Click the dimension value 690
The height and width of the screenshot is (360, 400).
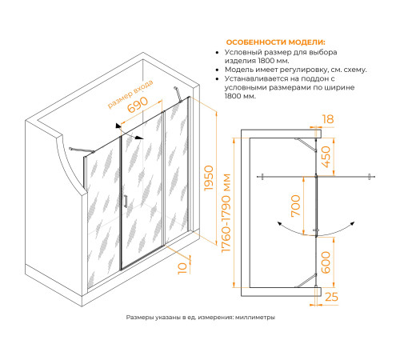[x=138, y=104]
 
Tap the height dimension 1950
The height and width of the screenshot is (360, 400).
[x=209, y=178]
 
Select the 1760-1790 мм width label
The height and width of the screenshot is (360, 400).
[x=226, y=213]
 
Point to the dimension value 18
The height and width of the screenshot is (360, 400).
[x=328, y=119]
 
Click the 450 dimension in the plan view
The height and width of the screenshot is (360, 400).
[x=326, y=157]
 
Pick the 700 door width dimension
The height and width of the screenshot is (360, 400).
[x=296, y=206]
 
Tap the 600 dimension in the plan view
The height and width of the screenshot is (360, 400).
[x=326, y=262]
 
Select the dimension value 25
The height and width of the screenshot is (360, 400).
[x=331, y=297]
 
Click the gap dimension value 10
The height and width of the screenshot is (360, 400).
[x=182, y=268]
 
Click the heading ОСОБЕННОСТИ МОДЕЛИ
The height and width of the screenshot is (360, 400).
[x=276, y=42]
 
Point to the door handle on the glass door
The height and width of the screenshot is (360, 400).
[x=126, y=201]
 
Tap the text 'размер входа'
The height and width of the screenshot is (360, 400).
[x=130, y=94]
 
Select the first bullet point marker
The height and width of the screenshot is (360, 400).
[x=218, y=53]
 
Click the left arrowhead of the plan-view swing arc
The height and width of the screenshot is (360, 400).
[x=279, y=223]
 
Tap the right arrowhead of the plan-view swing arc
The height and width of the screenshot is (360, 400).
[x=352, y=223]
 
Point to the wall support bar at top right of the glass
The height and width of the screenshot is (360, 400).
[x=178, y=94]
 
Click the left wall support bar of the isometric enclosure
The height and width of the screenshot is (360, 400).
[x=82, y=150]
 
